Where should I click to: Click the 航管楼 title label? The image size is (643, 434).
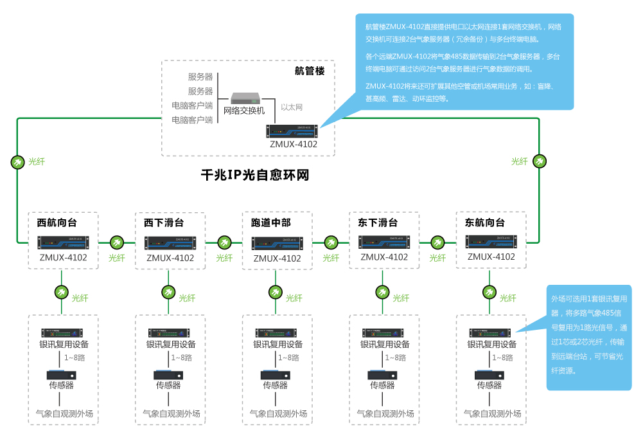coord(310,71)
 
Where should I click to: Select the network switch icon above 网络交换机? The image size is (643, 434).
coord(247,98)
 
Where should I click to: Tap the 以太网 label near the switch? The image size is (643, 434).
coord(292,107)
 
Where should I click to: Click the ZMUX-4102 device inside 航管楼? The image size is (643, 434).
coord(293,131)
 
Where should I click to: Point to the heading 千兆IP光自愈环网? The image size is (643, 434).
coord(255,175)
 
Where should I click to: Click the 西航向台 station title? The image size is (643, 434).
coord(57,223)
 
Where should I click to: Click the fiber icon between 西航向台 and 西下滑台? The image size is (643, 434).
coord(117,243)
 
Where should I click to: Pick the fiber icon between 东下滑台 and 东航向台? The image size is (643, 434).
coord(437,243)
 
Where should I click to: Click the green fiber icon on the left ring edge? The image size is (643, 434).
coord(17,162)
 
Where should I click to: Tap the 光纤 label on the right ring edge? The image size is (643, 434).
coord(519,162)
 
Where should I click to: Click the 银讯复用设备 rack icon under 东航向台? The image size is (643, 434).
coord(491,333)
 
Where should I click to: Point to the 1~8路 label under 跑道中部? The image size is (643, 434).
coord(288,358)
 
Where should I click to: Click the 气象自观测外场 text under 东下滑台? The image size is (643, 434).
coord(385,413)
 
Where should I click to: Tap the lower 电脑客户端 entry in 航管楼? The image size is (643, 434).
coord(192,120)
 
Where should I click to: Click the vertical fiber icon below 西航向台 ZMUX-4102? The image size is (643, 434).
coord(61,293)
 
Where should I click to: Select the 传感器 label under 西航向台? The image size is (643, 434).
coord(62,386)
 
